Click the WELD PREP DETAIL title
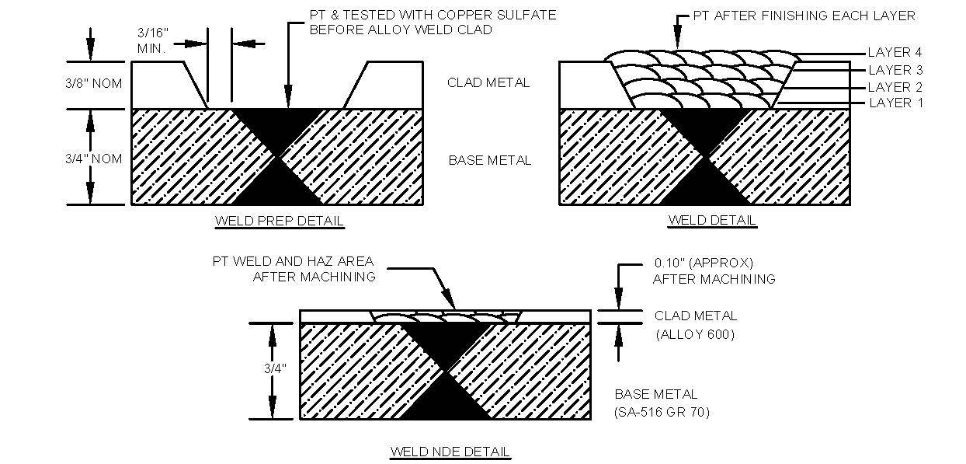pyautogui.click(x=280, y=221)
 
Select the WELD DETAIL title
pyautogui.click(x=712, y=220)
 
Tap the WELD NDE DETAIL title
pyautogui.click(x=450, y=452)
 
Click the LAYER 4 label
pyautogui.click(x=895, y=52)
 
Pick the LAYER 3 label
pyautogui.click(x=895, y=69)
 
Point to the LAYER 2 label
pyautogui.click(x=895, y=87)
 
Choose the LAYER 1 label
pyautogui.click(x=895, y=103)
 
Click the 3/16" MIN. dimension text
pyautogui.click(x=152, y=40)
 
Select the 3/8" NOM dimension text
pyautogui.click(x=94, y=83)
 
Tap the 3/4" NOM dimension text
pyautogui.click(x=94, y=159)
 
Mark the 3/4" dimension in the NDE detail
pyautogui.click(x=275, y=368)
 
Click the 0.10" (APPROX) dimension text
pyautogui.click(x=704, y=263)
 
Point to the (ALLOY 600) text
pyautogui.click(x=695, y=334)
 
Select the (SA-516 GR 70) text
pyautogui.click(x=662, y=412)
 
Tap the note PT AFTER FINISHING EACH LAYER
pyautogui.click(x=804, y=16)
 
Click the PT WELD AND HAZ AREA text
pyautogui.click(x=294, y=261)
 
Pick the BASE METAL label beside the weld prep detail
pyautogui.click(x=490, y=160)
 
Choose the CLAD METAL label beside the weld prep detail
pyautogui.click(x=488, y=82)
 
